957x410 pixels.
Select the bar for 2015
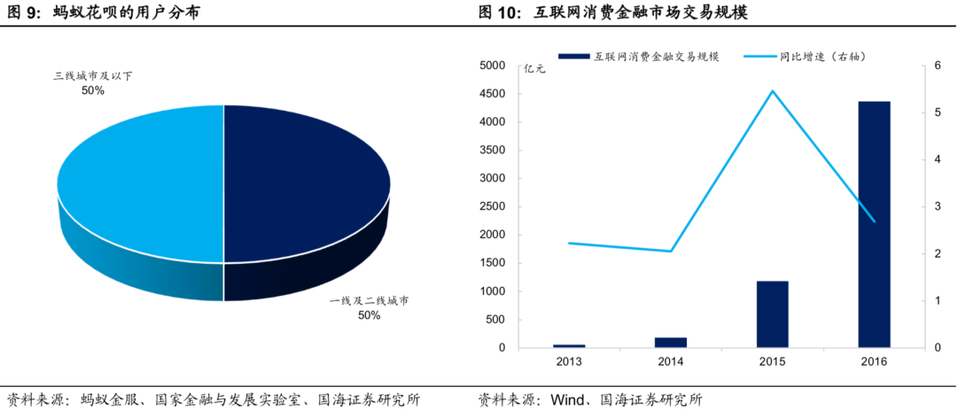click(x=772, y=314)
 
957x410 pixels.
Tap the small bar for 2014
click(x=671, y=343)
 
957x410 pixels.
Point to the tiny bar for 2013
click(x=569, y=345)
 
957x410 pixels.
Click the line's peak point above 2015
click(x=772, y=91)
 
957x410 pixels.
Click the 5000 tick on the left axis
click(x=492, y=66)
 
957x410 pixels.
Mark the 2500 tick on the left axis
click(x=492, y=206)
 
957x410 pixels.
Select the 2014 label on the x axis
click(x=671, y=361)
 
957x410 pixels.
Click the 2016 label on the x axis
click(x=874, y=361)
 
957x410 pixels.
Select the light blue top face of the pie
click(x=142, y=182)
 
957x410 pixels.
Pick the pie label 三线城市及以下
click(x=92, y=77)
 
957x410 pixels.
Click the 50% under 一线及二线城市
click(x=369, y=315)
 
